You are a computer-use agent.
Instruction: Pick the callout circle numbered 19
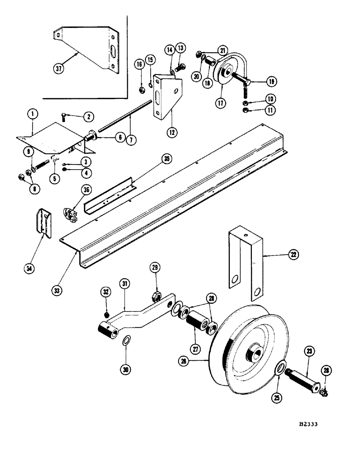click(x=270, y=82)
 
